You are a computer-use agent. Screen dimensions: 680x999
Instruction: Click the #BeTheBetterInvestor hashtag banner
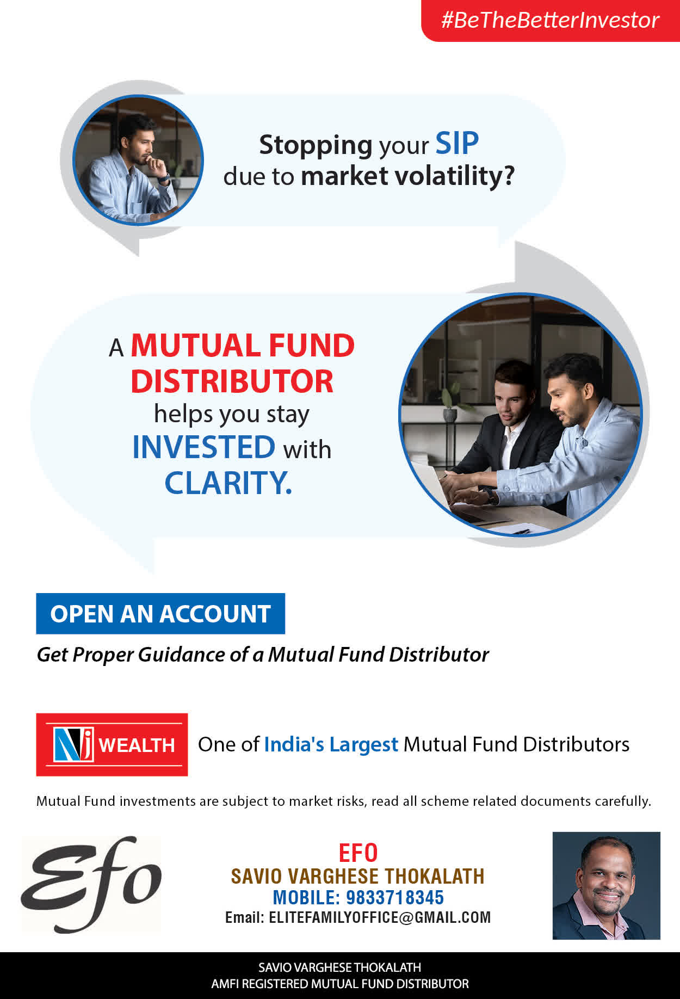(x=550, y=21)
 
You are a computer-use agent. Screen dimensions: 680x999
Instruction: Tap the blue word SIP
(x=457, y=144)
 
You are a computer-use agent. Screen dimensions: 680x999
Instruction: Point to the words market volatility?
(x=407, y=176)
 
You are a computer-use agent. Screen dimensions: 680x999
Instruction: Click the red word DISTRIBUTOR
(x=232, y=381)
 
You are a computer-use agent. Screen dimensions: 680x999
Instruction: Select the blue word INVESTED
(x=204, y=447)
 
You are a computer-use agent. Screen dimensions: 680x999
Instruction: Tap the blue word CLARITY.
(x=228, y=483)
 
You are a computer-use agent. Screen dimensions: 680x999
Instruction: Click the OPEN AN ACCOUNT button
(x=160, y=614)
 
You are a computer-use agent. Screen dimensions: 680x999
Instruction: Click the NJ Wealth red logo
(x=112, y=744)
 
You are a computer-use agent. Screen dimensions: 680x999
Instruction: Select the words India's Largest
(x=331, y=744)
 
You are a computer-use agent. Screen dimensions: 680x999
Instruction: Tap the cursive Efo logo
(x=91, y=884)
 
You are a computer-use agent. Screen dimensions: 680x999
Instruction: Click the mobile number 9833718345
(x=395, y=897)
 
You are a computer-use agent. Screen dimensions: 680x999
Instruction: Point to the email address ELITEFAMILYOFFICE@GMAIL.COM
(x=380, y=918)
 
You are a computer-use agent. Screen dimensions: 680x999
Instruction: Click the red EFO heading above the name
(x=358, y=853)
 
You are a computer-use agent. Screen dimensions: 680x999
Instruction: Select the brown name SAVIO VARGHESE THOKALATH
(x=357, y=877)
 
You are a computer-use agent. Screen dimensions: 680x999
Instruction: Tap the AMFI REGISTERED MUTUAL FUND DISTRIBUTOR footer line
(x=340, y=984)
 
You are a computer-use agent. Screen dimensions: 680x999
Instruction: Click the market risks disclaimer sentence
(x=344, y=801)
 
